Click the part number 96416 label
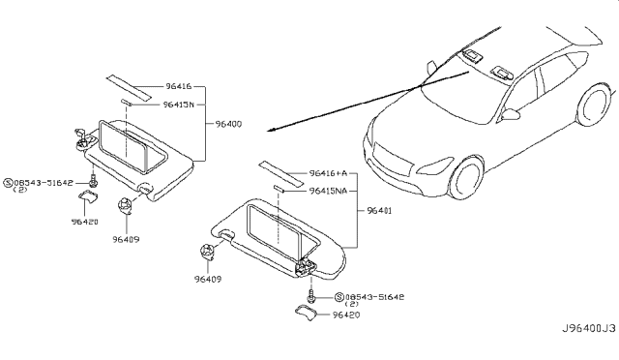click(x=177, y=85)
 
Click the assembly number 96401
click(x=380, y=210)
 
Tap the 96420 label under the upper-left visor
click(x=84, y=221)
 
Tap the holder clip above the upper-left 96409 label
click(x=126, y=203)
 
